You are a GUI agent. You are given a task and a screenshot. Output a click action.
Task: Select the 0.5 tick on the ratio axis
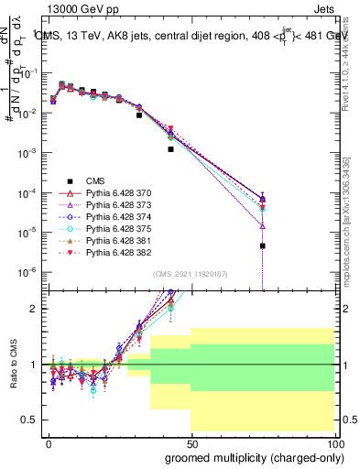tap(27, 420)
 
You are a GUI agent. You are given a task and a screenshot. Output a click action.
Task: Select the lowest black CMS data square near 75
tap(262, 245)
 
